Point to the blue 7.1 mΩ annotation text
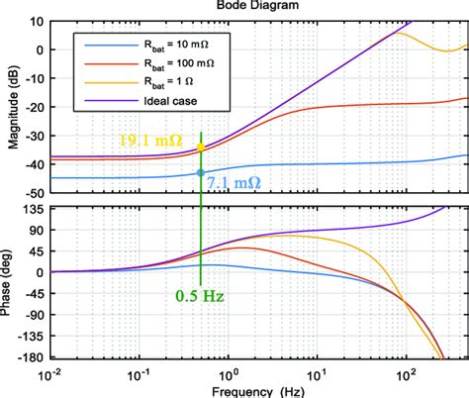pyautogui.click(x=234, y=182)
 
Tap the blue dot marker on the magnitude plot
pyautogui.click(x=201, y=172)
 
